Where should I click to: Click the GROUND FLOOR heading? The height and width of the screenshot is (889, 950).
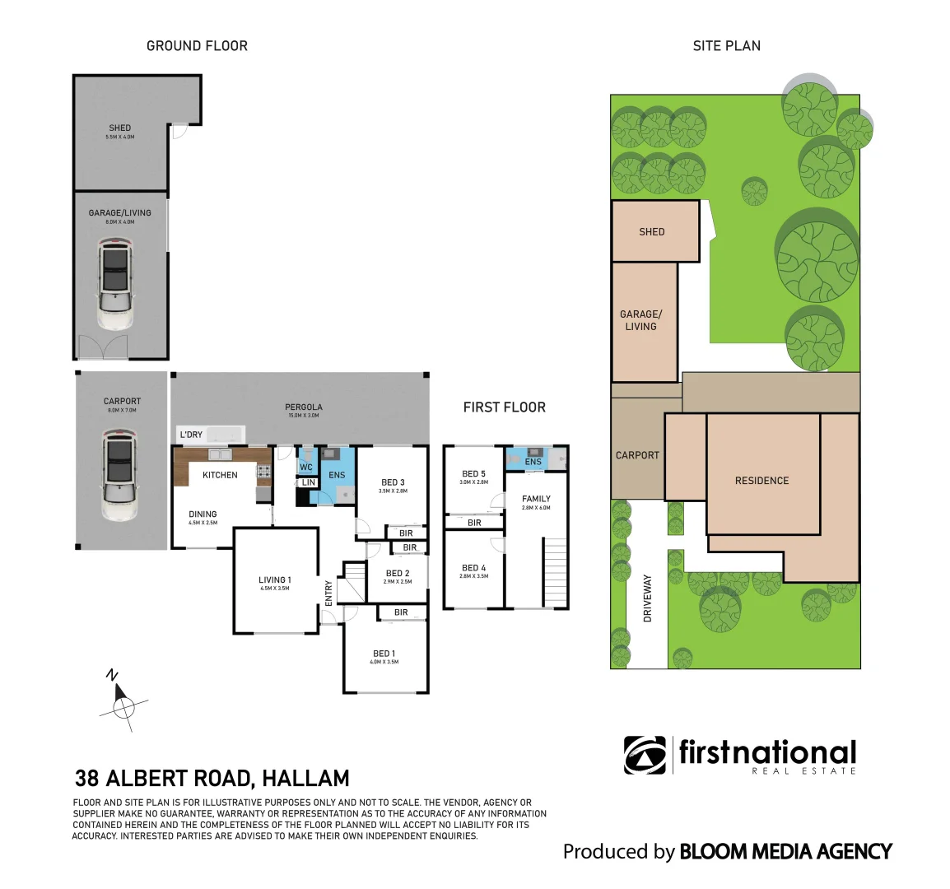pyautogui.click(x=197, y=46)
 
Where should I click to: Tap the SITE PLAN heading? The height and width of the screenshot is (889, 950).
pyautogui.click(x=726, y=46)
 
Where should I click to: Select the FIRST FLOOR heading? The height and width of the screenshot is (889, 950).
pyautogui.click(x=504, y=407)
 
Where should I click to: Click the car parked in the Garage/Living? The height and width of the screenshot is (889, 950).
pyautogui.click(x=114, y=284)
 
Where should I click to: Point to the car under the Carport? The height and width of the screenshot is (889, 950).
pyautogui.click(x=120, y=476)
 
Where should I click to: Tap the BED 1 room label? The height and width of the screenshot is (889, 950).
pyautogui.click(x=384, y=654)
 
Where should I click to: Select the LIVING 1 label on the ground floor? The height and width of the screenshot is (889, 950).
pyautogui.click(x=274, y=580)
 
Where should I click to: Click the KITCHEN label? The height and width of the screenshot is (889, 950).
pyautogui.click(x=220, y=475)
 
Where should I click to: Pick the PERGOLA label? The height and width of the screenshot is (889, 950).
pyautogui.click(x=304, y=407)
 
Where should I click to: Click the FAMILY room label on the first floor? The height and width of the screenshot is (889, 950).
pyautogui.click(x=536, y=499)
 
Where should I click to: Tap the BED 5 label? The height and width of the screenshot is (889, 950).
pyautogui.click(x=473, y=474)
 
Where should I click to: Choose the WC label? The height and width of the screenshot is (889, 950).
pyautogui.click(x=306, y=468)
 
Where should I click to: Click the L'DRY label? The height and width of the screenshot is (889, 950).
pyautogui.click(x=191, y=435)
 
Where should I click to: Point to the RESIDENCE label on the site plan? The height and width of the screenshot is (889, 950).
pyautogui.click(x=761, y=481)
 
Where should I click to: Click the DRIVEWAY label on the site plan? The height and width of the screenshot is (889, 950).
pyautogui.click(x=647, y=598)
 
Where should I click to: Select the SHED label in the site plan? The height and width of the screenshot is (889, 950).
pyautogui.click(x=651, y=232)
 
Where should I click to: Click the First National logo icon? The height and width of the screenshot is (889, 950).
pyautogui.click(x=645, y=755)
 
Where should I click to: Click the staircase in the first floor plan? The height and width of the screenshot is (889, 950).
pyautogui.click(x=556, y=572)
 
